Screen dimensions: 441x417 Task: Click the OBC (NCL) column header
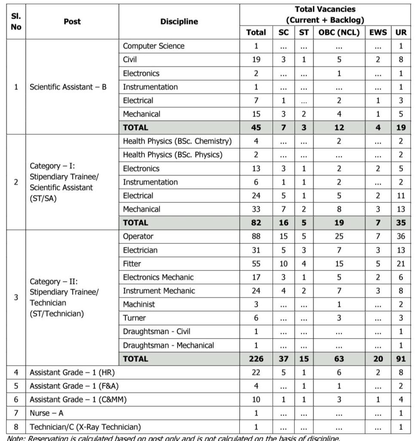(x=339, y=32)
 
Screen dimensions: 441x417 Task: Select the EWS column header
(x=378, y=32)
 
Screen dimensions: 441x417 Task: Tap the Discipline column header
(x=179, y=21)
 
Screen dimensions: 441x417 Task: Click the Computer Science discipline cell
(x=153, y=46)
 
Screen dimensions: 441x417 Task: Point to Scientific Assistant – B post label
(x=68, y=87)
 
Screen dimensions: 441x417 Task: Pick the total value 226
(x=256, y=359)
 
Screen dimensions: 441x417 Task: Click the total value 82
(x=256, y=223)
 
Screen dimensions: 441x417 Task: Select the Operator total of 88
(x=256, y=236)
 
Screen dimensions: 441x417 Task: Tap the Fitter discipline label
(x=132, y=264)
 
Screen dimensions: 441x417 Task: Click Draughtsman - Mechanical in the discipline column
(x=168, y=345)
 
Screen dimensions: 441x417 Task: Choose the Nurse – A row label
(x=46, y=413)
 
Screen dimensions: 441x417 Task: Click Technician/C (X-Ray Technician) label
(x=85, y=427)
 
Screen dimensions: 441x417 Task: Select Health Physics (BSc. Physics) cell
(x=172, y=155)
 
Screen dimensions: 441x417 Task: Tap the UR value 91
(x=401, y=359)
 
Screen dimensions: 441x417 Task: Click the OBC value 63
(x=339, y=359)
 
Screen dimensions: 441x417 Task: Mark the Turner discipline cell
(x=134, y=318)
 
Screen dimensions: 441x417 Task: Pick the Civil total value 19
(x=256, y=60)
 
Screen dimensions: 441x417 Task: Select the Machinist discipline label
(x=139, y=304)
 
